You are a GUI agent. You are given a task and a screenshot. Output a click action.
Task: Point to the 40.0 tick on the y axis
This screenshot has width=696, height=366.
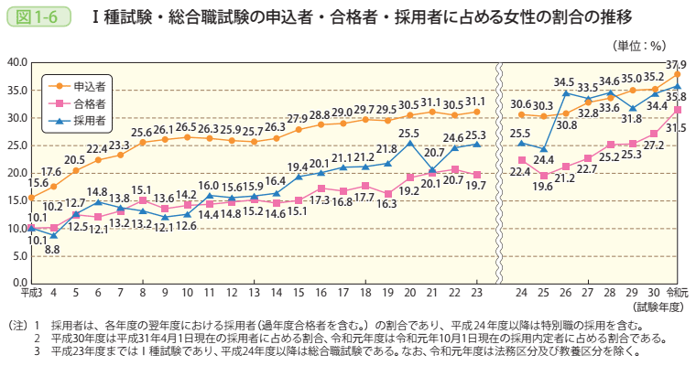16,62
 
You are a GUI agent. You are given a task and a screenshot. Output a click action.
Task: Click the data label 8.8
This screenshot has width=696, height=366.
52,249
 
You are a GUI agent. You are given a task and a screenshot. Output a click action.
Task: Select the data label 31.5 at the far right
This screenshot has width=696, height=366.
675,128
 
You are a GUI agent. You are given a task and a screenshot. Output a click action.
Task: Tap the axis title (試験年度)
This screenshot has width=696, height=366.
655,307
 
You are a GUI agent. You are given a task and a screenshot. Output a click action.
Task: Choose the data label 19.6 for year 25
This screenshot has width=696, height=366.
542,187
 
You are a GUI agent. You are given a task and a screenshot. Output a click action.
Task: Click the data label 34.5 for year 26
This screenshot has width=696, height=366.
564,81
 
